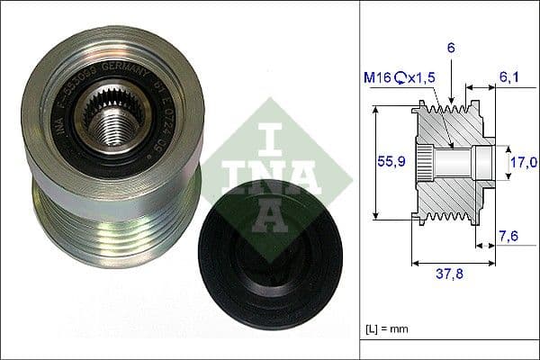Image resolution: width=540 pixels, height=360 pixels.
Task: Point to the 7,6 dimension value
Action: [509, 238]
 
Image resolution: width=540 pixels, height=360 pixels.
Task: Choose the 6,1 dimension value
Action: [509, 79]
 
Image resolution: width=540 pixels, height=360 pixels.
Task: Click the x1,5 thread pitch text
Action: [423, 79]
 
